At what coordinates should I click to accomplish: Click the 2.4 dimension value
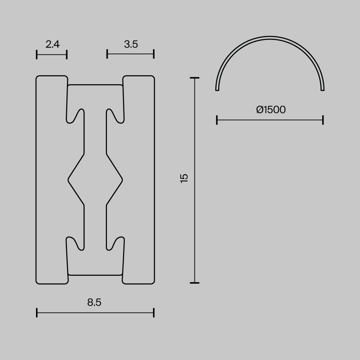coord(53,44)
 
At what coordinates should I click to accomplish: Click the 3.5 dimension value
coord(131,44)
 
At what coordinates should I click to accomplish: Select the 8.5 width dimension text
coord(94,302)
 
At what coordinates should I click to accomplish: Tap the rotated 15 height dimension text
coord(184,178)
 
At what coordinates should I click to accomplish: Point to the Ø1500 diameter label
coord(271,110)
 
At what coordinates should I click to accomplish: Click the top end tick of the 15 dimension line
coord(195,78)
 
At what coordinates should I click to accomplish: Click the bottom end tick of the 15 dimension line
coord(195,283)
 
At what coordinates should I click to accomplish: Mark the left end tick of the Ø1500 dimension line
coord(217,120)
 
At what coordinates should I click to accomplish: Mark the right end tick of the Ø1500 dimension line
coord(323,120)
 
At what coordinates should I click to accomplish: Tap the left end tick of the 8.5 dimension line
coord(37,312)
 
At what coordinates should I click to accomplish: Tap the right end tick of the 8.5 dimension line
coord(154,312)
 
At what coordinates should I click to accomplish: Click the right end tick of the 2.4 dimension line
coord(67,54)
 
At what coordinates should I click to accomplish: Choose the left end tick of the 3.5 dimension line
coord(107,54)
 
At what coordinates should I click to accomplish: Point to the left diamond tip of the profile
coord(69,179)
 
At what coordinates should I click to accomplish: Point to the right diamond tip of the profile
coord(122,179)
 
